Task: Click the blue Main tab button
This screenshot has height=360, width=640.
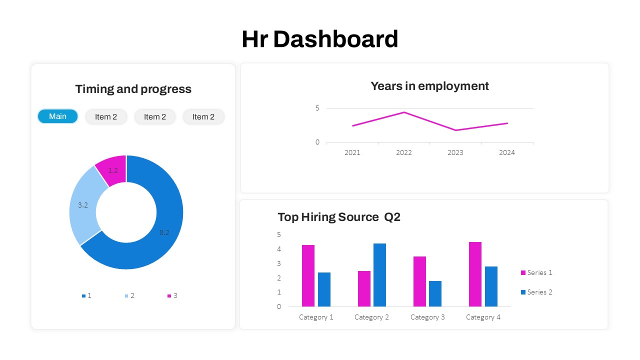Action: point(57,116)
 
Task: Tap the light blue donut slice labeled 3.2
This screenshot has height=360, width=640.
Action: point(83,205)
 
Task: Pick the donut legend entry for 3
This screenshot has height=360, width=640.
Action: point(172,295)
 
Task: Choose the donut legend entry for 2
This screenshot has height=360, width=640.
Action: point(129,295)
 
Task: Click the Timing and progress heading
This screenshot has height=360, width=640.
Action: point(133,89)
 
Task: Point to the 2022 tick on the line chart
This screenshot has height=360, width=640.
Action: point(403,152)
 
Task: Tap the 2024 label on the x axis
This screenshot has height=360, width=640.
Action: point(506,152)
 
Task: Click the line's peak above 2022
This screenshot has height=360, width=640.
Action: point(404,112)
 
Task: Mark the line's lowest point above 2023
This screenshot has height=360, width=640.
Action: point(455,130)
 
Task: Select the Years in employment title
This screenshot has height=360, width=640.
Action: point(429,86)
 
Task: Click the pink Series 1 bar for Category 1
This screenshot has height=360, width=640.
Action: point(308,275)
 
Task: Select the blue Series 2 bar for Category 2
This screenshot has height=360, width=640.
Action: point(379,275)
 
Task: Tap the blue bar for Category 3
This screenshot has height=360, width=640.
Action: point(435,293)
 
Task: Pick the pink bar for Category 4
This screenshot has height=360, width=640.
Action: point(475,274)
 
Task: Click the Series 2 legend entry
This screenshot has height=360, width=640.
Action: point(536,292)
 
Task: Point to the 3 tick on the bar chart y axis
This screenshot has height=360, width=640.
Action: point(279,263)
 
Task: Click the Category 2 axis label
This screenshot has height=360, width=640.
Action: point(371,317)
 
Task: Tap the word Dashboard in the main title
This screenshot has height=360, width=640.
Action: point(335,39)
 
